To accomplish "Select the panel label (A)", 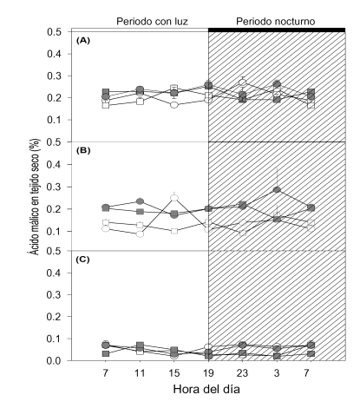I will (x=83, y=40).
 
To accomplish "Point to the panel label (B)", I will (x=83, y=150).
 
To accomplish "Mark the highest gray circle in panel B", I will (x=277, y=189).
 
